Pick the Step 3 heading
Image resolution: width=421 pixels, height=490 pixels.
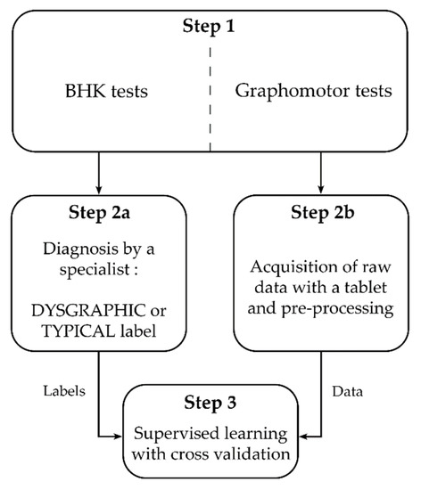click(211, 404)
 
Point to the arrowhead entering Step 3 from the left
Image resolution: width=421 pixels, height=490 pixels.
click(122, 437)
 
